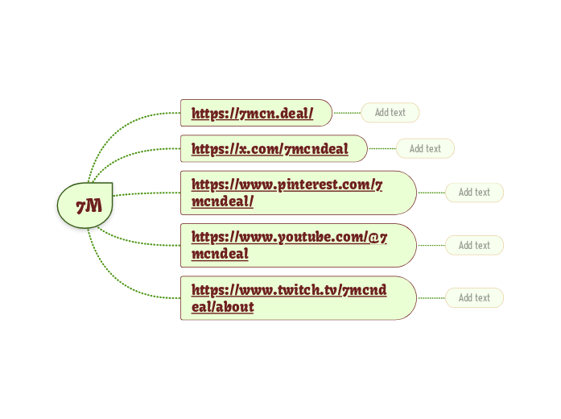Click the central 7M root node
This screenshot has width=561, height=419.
click(x=85, y=205)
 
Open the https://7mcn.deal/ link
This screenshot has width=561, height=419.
click(x=253, y=113)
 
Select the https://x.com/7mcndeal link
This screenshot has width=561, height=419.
click(x=270, y=148)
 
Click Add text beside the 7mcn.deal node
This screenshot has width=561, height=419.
click(x=390, y=113)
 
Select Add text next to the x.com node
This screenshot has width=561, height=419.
click(x=425, y=148)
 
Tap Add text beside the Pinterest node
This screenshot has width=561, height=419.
click(x=474, y=193)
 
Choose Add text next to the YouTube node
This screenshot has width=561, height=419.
click(x=474, y=245)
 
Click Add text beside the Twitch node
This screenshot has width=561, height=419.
click(x=474, y=298)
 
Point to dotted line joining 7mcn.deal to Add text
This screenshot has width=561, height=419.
click(x=347, y=113)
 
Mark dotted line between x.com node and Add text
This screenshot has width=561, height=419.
click(x=382, y=148)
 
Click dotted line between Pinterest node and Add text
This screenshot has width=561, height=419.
click(x=431, y=193)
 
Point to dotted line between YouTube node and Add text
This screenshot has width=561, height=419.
click(x=431, y=245)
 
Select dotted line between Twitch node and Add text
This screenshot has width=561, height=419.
click(x=431, y=298)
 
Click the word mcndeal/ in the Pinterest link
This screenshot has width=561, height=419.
click(x=223, y=201)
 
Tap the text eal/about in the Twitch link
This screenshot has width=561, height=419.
click(x=223, y=307)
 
